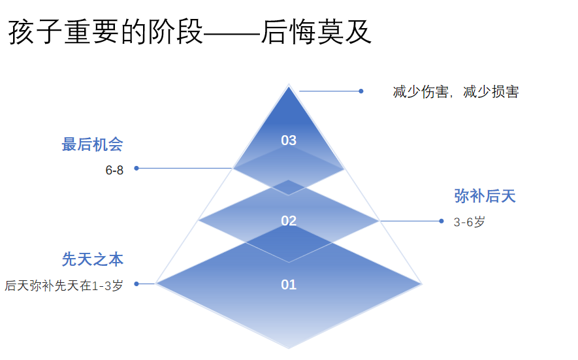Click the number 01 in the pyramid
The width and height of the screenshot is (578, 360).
click(289, 285)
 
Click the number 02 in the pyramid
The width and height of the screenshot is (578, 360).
click(289, 221)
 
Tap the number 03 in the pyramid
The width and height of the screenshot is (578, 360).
click(289, 140)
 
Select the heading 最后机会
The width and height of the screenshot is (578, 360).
click(93, 144)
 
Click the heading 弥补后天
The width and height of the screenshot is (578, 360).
click(485, 196)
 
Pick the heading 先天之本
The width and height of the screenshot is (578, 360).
click(93, 259)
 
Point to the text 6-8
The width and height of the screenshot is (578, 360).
click(114, 171)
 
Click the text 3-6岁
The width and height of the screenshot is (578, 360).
click(470, 222)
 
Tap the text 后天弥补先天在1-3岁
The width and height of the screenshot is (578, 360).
click(64, 285)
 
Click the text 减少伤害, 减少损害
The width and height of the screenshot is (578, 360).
click(456, 92)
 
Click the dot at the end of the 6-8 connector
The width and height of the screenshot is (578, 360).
click(136, 168)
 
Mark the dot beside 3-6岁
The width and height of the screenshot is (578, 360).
click(442, 221)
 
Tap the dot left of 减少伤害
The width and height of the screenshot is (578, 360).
click(361, 91)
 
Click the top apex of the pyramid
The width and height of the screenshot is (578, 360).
click(289, 85)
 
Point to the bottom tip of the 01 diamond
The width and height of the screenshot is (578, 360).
click(289, 348)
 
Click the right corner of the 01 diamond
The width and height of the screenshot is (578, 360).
click(422, 284)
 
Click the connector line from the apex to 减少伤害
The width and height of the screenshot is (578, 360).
click(330, 91)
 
